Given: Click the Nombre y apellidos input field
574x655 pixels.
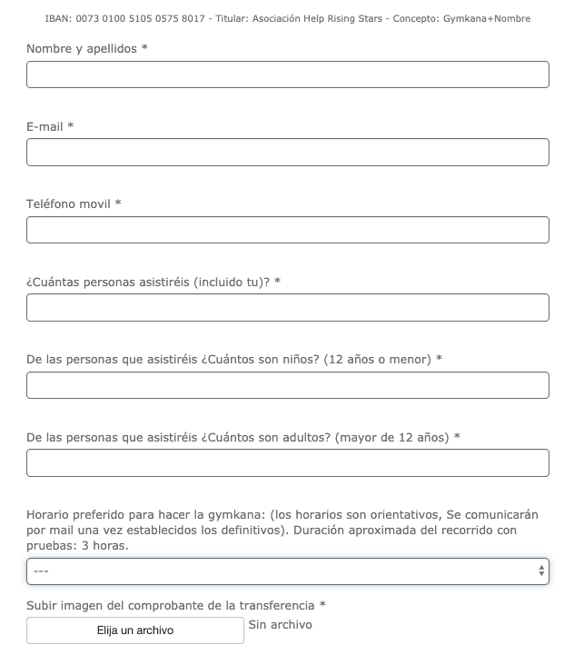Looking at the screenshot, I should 287,74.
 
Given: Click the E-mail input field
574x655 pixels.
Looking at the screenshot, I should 287,153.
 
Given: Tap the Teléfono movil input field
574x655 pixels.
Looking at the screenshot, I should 287,230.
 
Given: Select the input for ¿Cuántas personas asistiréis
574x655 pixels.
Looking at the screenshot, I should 287,307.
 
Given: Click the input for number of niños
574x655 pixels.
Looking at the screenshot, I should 287,385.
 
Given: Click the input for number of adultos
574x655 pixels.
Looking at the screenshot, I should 287,462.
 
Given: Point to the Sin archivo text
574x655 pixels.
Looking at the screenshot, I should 280,625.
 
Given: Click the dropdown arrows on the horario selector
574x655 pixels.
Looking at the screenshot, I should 542,571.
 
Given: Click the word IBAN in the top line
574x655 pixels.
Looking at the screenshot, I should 56,18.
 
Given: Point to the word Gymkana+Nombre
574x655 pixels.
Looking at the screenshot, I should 487,18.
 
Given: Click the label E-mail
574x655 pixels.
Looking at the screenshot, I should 45,126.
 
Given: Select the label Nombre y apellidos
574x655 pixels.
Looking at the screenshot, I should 82,48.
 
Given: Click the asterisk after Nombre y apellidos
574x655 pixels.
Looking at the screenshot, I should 144,48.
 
